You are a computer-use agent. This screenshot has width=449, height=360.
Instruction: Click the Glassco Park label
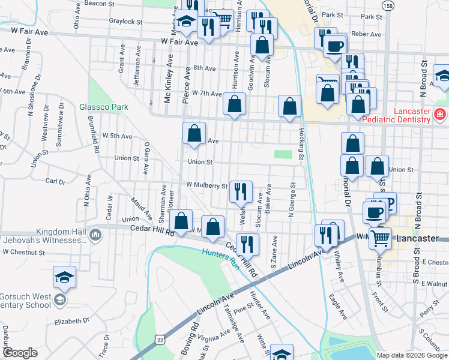point(104,107)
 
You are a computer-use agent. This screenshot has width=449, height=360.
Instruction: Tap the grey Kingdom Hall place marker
point(95,233)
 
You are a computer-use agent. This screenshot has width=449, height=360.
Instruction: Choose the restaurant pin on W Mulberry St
point(241,192)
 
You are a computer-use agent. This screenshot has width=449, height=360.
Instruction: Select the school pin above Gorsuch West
point(64,277)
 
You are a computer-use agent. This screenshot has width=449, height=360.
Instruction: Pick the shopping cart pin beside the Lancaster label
point(380,238)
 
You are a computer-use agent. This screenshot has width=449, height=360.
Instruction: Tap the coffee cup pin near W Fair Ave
point(335,46)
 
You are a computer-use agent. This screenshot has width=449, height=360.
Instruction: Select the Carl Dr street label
point(55,181)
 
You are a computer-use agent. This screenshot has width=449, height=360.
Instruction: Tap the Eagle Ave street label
point(338,305)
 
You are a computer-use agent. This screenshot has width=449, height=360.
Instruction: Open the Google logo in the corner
point(20,353)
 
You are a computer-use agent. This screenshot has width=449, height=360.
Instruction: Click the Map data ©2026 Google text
point(411,355)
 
